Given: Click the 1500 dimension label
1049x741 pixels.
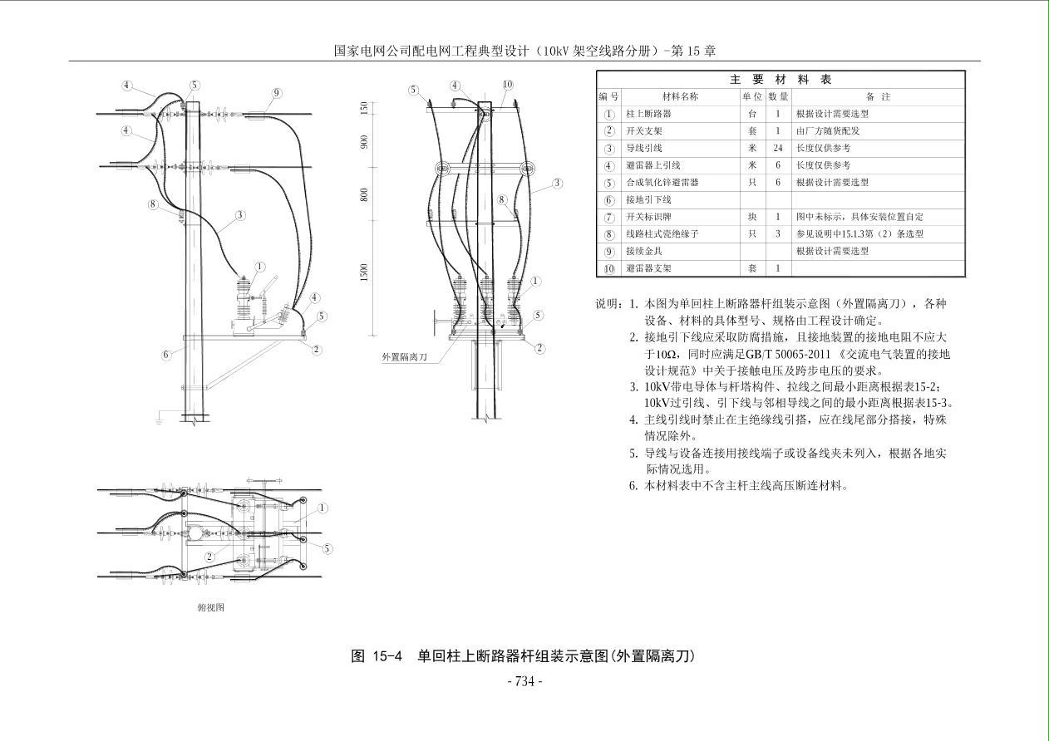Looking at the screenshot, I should point(364,272).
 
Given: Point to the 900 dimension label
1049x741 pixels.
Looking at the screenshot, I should point(364,142).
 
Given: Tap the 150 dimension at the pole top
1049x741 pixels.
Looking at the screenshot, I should point(364,109).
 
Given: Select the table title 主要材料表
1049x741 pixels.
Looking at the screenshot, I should point(781,80).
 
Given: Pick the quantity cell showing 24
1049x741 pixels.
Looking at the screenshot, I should point(777,148).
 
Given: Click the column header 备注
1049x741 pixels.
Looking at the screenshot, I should point(877,96).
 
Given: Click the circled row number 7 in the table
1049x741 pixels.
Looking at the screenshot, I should point(609,217).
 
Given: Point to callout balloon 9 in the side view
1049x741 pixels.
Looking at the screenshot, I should point(277,94).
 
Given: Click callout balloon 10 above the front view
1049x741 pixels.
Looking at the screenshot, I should point(507,85).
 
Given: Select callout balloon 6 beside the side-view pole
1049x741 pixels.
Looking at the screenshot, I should point(166,355).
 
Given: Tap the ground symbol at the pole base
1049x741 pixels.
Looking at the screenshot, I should point(158,420).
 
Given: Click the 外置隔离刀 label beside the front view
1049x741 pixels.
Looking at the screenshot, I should point(404,356).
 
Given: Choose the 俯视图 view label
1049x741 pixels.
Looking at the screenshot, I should point(210,607).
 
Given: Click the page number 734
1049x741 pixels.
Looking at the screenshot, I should point(524,682).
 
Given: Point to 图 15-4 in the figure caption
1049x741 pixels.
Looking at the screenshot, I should point(377,656).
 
